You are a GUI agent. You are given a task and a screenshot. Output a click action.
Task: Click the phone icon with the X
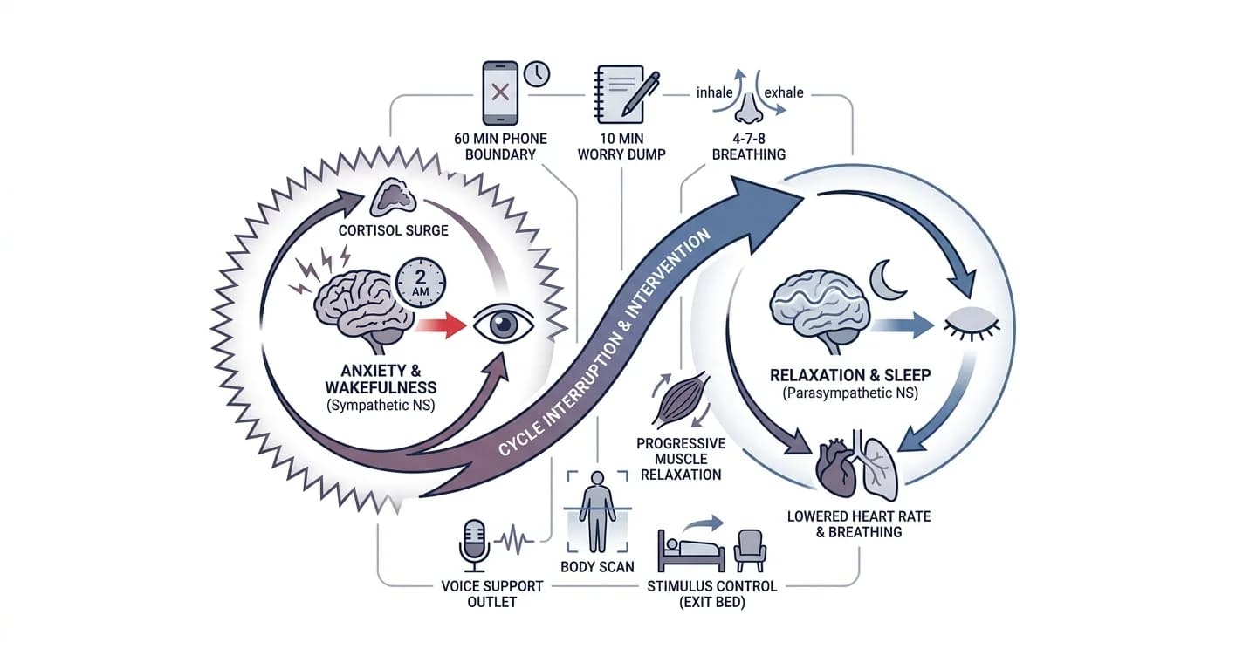[x=500, y=92]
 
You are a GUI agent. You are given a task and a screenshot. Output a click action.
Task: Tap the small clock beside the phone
[x=537, y=73]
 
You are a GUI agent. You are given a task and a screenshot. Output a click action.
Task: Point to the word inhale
[x=714, y=92]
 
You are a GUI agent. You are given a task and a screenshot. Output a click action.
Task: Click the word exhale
[x=784, y=92]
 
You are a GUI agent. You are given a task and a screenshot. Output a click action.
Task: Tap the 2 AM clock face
[x=421, y=283]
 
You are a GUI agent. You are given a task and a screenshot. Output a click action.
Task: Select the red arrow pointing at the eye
[x=441, y=325]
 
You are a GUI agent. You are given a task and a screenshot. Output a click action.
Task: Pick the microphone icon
[x=474, y=546]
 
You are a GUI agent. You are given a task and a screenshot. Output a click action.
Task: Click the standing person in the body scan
[x=597, y=511]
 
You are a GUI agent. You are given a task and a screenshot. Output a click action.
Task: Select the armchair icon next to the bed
[x=750, y=550]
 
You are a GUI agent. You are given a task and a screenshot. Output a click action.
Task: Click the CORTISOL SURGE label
[x=393, y=230]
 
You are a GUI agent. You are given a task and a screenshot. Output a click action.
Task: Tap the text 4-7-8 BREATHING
[x=749, y=147]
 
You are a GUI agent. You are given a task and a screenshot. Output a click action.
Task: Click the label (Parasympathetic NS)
[x=850, y=393]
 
